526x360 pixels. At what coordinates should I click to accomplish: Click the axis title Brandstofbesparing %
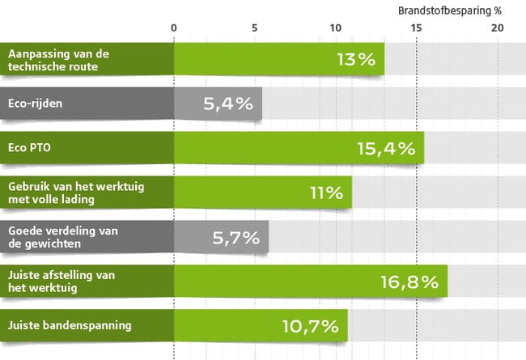(450, 11)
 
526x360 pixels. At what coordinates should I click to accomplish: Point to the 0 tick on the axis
(174, 28)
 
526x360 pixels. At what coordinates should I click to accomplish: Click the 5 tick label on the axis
(255, 28)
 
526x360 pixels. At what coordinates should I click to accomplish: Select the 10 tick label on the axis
(336, 28)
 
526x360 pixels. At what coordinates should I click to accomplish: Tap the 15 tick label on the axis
(417, 28)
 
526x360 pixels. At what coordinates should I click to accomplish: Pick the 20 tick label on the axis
(497, 28)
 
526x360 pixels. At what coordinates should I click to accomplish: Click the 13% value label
(356, 59)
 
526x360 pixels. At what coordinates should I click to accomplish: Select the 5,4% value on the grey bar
(229, 104)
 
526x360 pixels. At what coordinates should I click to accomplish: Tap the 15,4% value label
(385, 148)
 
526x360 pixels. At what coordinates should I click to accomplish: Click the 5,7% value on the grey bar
(235, 237)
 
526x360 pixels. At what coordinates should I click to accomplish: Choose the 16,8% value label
(409, 282)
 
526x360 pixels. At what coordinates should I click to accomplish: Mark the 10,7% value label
(311, 326)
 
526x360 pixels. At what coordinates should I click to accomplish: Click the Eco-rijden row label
(35, 104)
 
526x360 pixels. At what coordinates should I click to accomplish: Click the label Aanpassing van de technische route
(57, 60)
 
